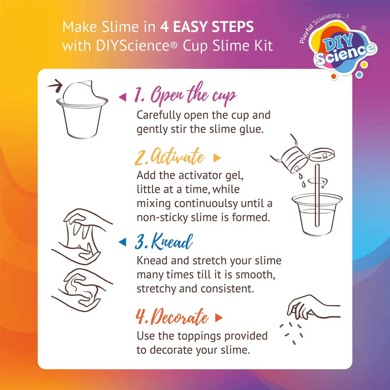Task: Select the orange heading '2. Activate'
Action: point(169,158)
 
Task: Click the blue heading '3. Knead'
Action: point(164,241)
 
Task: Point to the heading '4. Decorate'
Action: point(172,317)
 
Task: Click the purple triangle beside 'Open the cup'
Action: point(122,97)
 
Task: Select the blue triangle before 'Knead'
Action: point(122,242)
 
